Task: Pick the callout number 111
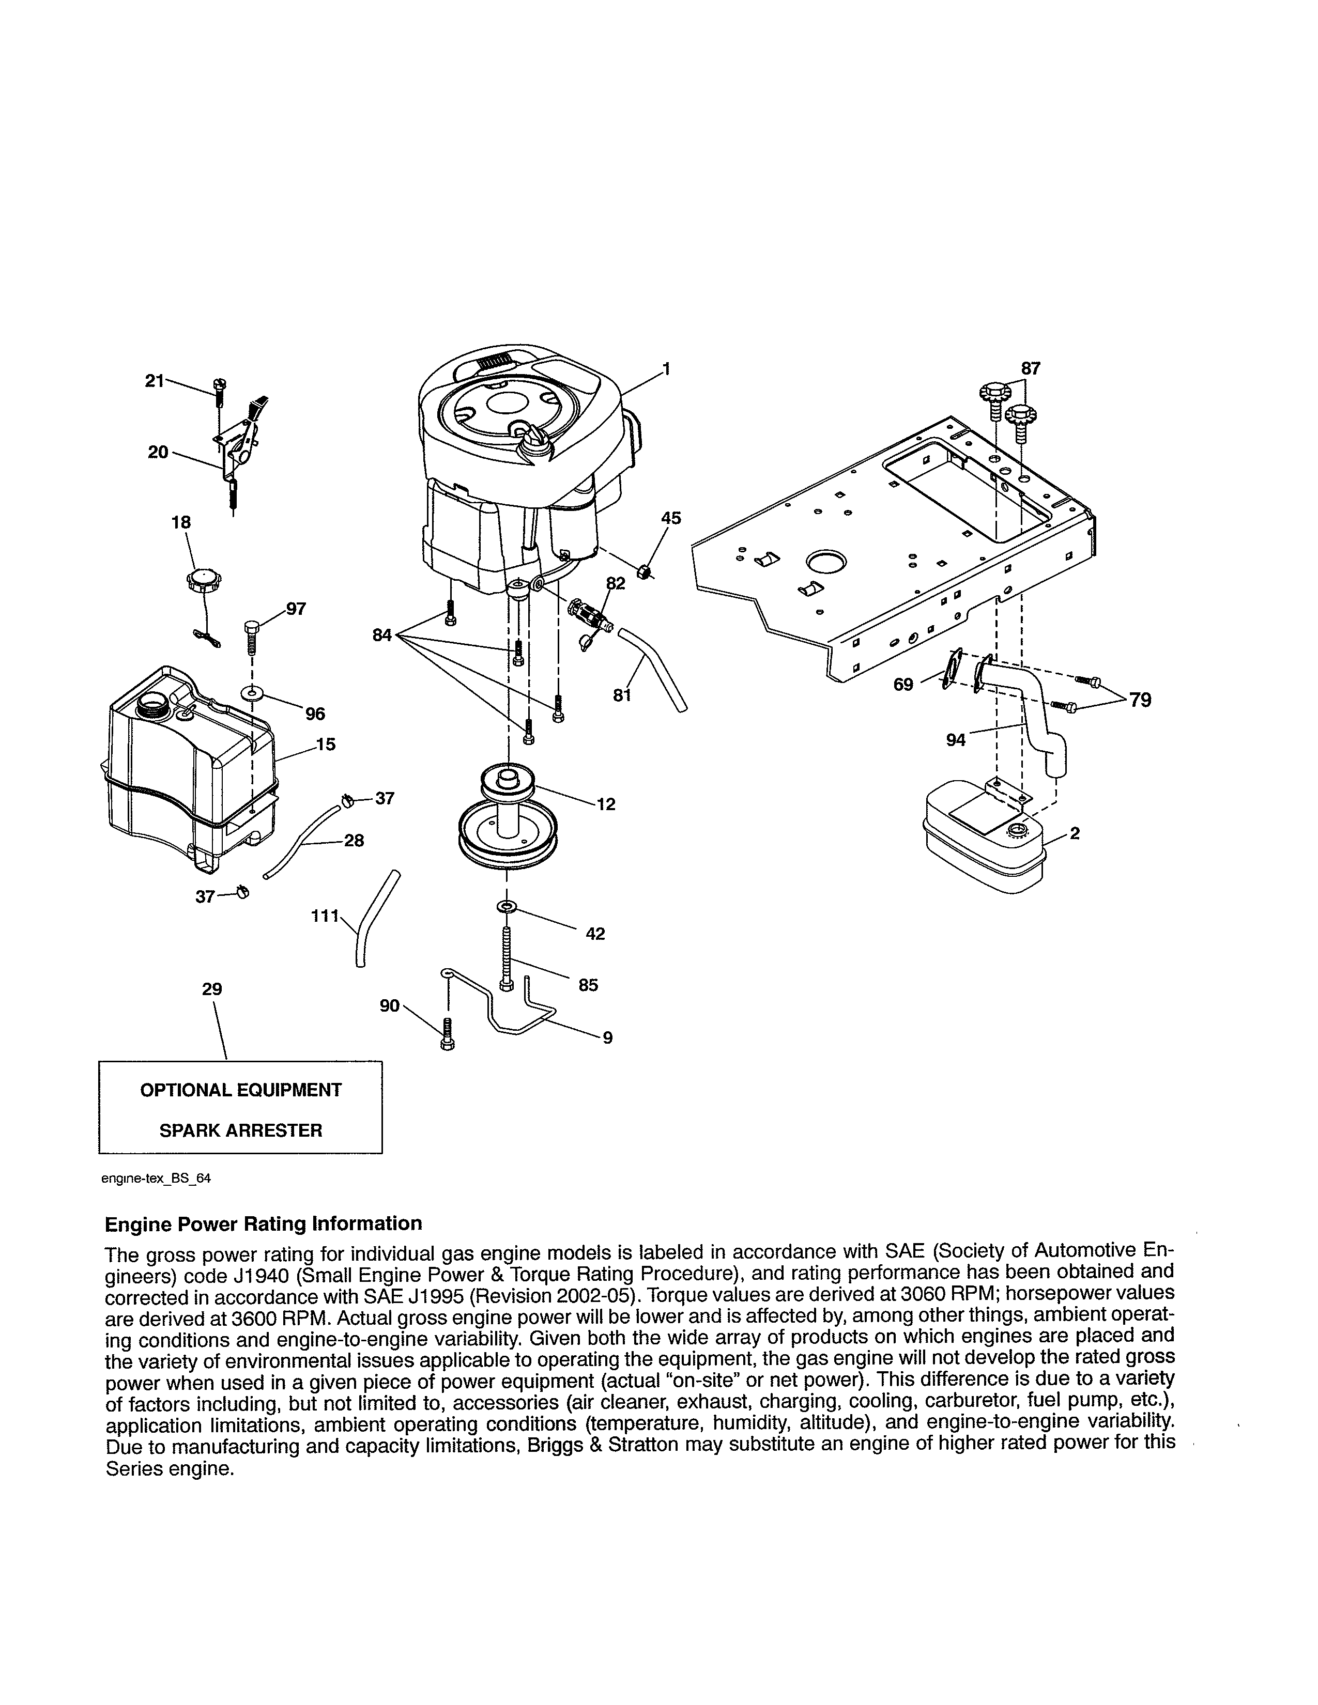click(325, 915)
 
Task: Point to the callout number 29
click(211, 989)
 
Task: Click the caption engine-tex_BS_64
click(156, 1179)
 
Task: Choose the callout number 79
click(1140, 700)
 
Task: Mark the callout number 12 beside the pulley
click(606, 804)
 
